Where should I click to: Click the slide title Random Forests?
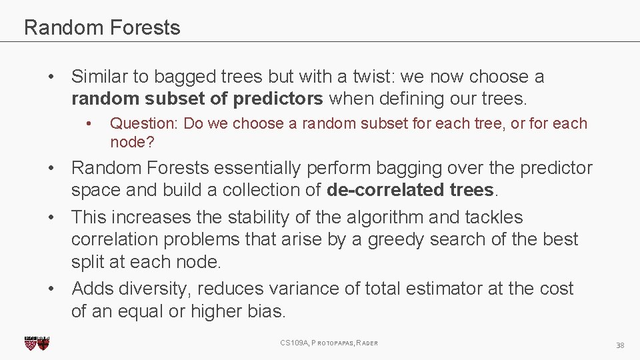coord(102,28)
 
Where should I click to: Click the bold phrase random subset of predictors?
coord(197,99)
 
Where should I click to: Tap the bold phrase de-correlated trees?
coord(411,190)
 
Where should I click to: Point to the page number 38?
coord(620,345)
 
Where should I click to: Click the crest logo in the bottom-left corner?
coord(37,343)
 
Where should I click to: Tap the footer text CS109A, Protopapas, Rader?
coord(329,343)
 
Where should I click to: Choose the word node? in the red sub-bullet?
coord(127,142)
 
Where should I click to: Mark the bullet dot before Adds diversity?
coord(51,289)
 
